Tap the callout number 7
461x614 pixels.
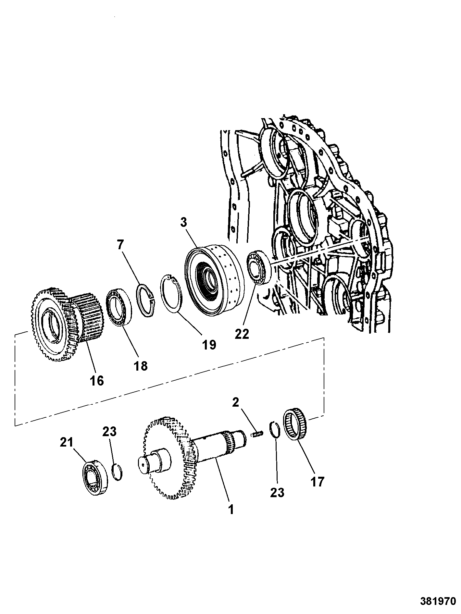pos(121,245)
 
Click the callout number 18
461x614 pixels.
pos(140,366)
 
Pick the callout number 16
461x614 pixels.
pos(96,380)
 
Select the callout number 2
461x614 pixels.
pos(235,402)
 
